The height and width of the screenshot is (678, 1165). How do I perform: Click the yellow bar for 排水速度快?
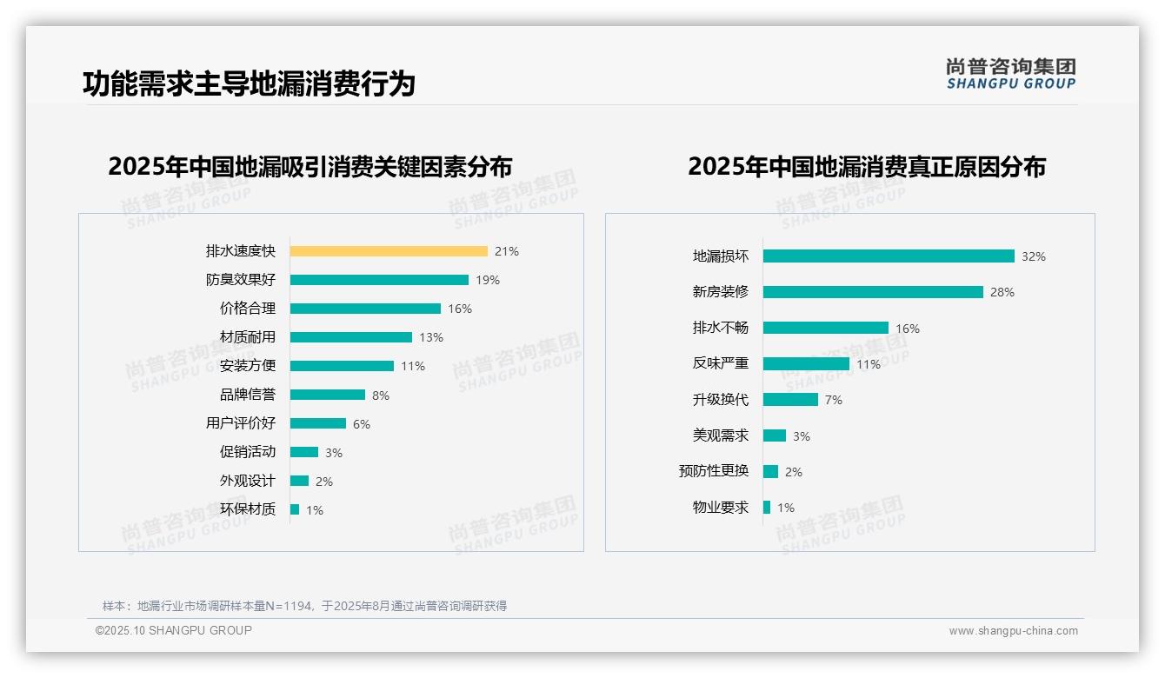[x=389, y=251]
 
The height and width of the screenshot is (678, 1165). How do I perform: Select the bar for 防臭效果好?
[x=379, y=280]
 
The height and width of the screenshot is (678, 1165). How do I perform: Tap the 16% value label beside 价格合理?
[x=459, y=309]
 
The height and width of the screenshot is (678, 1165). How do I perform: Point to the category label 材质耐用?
[x=247, y=337]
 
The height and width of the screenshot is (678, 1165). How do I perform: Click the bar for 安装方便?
[x=342, y=366]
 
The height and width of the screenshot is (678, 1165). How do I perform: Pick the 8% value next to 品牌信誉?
[x=381, y=395]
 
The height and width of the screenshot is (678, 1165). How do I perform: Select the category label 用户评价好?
[x=240, y=423]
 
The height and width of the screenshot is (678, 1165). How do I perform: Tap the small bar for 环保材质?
[x=295, y=509]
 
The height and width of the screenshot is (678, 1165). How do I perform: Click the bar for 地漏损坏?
[x=889, y=256]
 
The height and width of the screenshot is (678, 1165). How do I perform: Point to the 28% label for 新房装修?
[x=1002, y=292]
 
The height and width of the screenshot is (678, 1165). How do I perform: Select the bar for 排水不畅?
[x=826, y=328]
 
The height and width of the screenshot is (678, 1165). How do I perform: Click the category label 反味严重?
[x=720, y=364]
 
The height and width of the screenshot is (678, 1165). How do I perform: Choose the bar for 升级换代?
[x=790, y=400]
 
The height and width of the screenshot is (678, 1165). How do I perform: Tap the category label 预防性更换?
[x=713, y=471]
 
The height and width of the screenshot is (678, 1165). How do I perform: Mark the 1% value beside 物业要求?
[x=785, y=508]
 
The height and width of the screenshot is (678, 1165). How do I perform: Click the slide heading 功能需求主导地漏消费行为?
[x=249, y=83]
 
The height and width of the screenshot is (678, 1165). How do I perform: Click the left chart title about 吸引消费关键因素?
[x=310, y=166]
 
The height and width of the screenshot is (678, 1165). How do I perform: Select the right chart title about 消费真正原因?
[x=866, y=166]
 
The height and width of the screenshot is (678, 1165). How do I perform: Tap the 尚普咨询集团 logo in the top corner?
[x=1010, y=73]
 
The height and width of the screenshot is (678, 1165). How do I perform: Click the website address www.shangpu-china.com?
[x=1013, y=631]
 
